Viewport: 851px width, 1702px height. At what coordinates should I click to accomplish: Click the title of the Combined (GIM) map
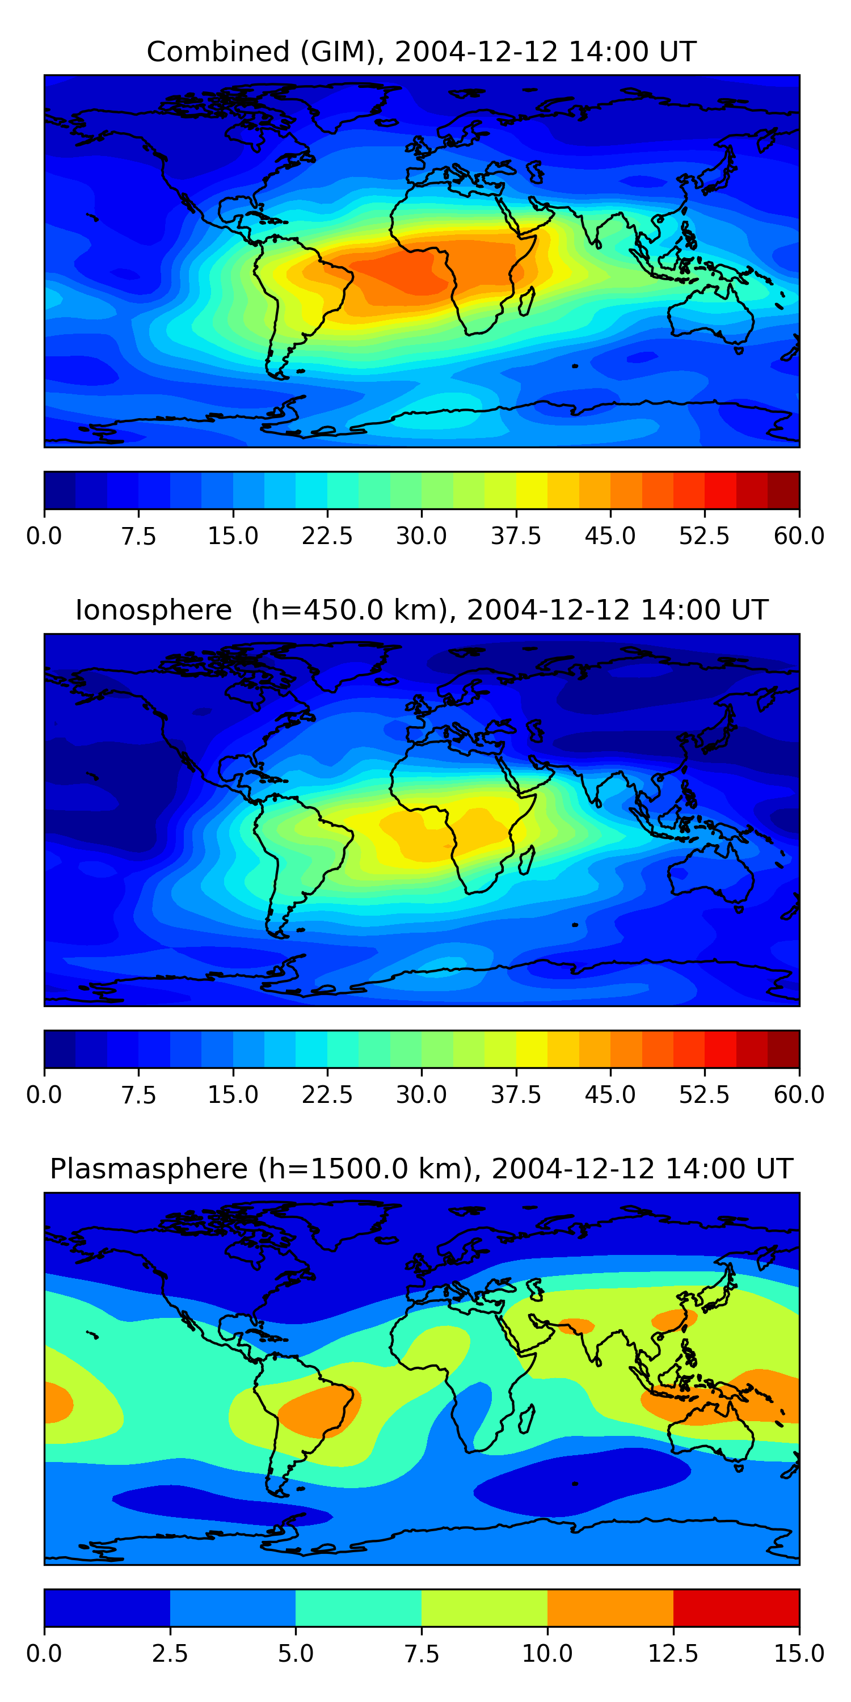422,52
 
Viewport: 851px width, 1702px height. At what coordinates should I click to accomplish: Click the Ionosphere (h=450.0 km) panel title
422,610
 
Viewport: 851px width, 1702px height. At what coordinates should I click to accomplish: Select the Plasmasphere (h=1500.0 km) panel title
422,1169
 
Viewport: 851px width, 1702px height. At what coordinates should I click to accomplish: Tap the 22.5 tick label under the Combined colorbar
327,536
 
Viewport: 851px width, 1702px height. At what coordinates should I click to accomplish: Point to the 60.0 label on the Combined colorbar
799,536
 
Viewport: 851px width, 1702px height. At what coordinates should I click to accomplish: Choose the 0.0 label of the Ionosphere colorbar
44,1095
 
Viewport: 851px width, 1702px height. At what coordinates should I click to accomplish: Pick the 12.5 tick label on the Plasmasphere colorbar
673,1654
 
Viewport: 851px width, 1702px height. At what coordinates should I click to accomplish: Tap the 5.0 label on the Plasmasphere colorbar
296,1654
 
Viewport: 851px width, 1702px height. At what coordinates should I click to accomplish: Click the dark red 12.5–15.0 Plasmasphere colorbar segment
736,1607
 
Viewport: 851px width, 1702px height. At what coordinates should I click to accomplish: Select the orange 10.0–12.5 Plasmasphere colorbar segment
610,1607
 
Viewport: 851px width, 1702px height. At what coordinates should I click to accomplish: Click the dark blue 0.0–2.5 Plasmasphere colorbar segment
107,1607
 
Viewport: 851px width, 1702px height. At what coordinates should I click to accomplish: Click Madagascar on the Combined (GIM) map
526,301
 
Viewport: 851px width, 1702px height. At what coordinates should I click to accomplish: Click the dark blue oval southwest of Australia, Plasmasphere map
582,1480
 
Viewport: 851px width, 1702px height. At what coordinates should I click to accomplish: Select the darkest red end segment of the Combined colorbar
783,490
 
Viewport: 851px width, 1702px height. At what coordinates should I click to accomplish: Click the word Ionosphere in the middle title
153,610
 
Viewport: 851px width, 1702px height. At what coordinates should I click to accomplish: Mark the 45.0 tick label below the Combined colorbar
610,536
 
